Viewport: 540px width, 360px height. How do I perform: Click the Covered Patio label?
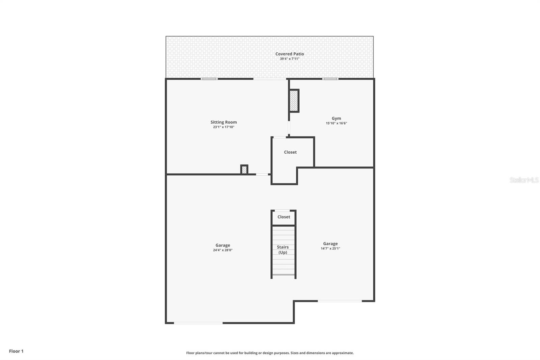(x=290, y=54)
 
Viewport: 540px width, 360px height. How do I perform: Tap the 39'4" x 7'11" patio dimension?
(x=290, y=59)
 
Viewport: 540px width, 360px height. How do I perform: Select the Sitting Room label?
(x=223, y=122)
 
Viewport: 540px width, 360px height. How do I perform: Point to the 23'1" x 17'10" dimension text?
(x=223, y=127)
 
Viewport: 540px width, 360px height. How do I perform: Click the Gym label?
(x=336, y=118)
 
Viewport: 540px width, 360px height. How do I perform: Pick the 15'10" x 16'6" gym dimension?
(x=336, y=123)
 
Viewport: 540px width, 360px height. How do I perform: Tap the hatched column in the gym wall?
(x=294, y=101)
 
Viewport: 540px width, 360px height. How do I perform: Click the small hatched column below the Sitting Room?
(x=244, y=170)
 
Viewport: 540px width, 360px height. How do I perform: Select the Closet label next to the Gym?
(x=290, y=152)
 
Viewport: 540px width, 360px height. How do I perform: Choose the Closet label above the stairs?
(x=283, y=217)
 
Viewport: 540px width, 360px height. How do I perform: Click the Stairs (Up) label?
(x=283, y=250)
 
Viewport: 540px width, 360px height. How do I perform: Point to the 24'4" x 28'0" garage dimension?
(x=223, y=250)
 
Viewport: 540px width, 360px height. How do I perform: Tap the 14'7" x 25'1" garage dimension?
(x=330, y=249)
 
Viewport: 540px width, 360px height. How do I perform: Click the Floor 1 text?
(x=16, y=351)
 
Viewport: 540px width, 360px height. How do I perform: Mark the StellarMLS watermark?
(x=524, y=180)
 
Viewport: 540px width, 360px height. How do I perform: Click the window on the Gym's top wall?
(x=330, y=79)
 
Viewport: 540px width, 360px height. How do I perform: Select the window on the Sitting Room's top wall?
(x=209, y=79)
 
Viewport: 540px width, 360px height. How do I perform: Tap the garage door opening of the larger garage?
(x=198, y=323)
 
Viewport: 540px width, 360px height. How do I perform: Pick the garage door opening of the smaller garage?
(x=340, y=301)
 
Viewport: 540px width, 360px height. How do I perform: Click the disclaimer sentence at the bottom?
(x=270, y=353)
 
